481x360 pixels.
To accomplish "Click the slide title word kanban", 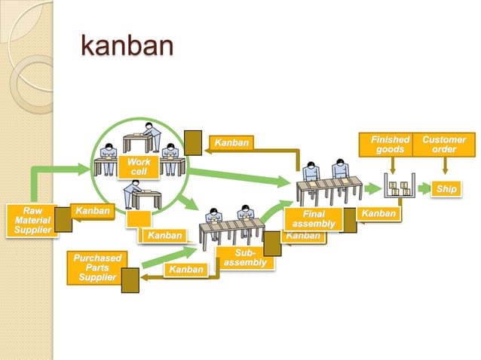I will (127, 46).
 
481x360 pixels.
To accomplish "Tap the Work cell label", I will (139, 167).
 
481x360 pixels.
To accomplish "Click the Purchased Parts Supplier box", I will (97, 267).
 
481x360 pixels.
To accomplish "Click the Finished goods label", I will (391, 145).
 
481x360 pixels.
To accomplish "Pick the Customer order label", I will (444, 145).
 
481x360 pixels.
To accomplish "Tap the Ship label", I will (446, 189).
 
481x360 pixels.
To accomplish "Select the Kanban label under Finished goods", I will (378, 215).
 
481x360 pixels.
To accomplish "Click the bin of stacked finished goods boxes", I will (399, 187).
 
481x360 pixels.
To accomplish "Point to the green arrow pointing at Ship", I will (424, 188).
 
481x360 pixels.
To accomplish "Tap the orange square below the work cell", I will (138, 220).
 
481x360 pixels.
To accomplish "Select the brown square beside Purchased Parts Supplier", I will (130, 280).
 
